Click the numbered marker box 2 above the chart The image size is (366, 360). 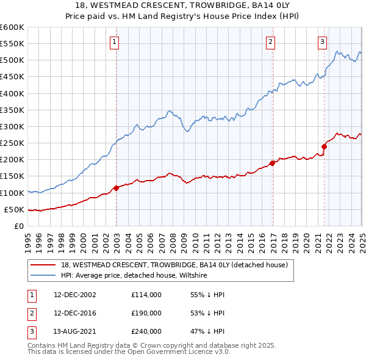(x=270, y=42)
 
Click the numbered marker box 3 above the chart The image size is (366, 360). (x=322, y=42)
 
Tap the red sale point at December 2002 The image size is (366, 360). (x=116, y=188)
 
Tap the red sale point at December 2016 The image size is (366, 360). (x=272, y=163)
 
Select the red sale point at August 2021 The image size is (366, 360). (x=325, y=146)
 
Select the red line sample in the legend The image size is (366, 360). (x=43, y=265)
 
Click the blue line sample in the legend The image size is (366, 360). (x=43, y=276)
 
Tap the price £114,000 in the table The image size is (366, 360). (x=146, y=295)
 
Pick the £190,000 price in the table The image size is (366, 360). (x=146, y=313)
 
